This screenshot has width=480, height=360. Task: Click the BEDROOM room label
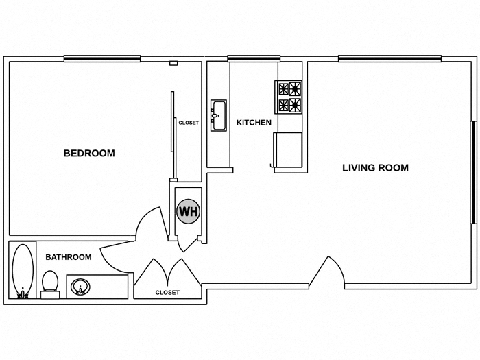(x=89, y=154)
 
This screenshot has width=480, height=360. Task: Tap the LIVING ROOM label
(x=375, y=167)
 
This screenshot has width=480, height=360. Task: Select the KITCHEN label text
(x=254, y=123)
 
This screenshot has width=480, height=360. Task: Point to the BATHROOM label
(x=68, y=257)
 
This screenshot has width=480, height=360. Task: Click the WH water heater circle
(x=188, y=211)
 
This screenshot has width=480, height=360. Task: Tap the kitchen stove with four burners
(x=289, y=97)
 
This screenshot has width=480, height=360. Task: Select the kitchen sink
(x=219, y=115)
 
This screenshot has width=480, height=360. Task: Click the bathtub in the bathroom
(x=24, y=270)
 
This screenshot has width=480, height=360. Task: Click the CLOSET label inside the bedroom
(x=189, y=123)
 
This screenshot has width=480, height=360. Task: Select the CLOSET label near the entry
(x=167, y=292)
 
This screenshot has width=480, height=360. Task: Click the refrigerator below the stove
(x=287, y=150)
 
